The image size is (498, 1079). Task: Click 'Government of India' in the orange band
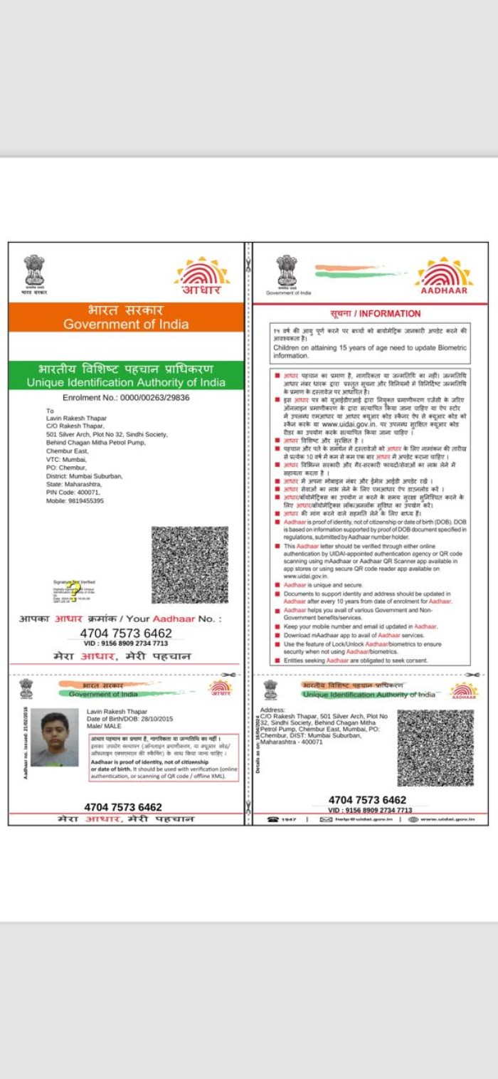(x=126, y=325)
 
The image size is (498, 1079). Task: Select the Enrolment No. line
(x=126, y=398)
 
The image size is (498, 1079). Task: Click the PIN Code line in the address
(x=73, y=492)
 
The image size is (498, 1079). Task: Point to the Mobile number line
(x=75, y=500)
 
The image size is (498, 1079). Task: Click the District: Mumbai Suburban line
(x=85, y=475)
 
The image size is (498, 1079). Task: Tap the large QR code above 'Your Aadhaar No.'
(x=190, y=565)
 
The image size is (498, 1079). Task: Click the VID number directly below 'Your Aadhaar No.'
(x=126, y=643)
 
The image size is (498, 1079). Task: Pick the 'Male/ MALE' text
(x=104, y=726)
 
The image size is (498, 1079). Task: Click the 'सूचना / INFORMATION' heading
(x=375, y=314)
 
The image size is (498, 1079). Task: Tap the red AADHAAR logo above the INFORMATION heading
(x=444, y=277)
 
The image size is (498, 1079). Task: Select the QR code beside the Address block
(x=435, y=747)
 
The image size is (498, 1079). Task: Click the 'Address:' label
(x=272, y=710)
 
